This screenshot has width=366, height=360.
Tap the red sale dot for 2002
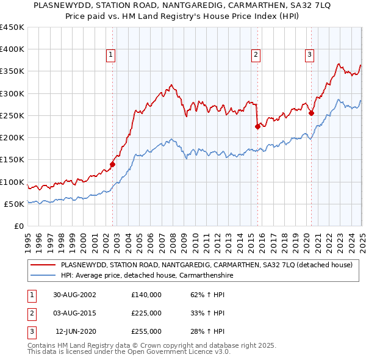[x=113, y=164]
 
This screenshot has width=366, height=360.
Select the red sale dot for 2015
[x=257, y=126]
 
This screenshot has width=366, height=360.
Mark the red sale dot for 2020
[x=311, y=113]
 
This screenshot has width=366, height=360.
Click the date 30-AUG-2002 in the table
[x=74, y=295]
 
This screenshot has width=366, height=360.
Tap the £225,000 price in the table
[x=146, y=313]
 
